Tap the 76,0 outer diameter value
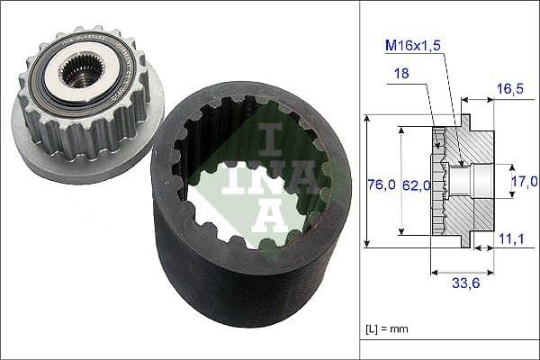[x=382, y=185]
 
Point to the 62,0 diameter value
[x=417, y=185]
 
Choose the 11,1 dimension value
[x=510, y=238]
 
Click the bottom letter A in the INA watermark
[x=269, y=216]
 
